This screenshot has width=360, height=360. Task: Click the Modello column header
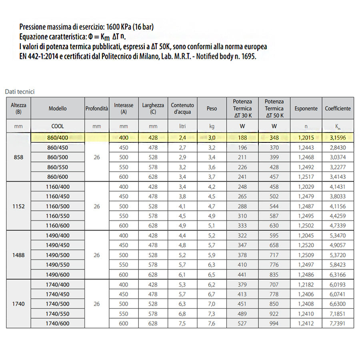coord(58,108)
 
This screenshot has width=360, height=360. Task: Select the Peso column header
coord(212,108)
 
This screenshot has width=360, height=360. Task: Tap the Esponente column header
coord(306,108)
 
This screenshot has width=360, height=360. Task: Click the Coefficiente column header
coord(338,108)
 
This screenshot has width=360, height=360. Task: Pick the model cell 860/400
coord(58,138)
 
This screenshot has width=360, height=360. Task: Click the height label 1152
coord(18,206)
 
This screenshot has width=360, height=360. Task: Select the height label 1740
coord(18,304)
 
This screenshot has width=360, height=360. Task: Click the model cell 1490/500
coord(58,255)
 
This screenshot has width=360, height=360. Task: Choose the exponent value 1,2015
coord(306,138)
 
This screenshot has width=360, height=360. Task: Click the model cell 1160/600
coord(58,226)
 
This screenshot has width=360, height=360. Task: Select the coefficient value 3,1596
coord(338,138)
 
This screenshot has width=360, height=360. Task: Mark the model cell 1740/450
coord(58,294)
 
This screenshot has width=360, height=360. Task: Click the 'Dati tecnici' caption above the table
coord(20,92)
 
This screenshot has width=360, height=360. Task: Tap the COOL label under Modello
coord(58,126)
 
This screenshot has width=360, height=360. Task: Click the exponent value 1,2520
coord(306,245)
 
